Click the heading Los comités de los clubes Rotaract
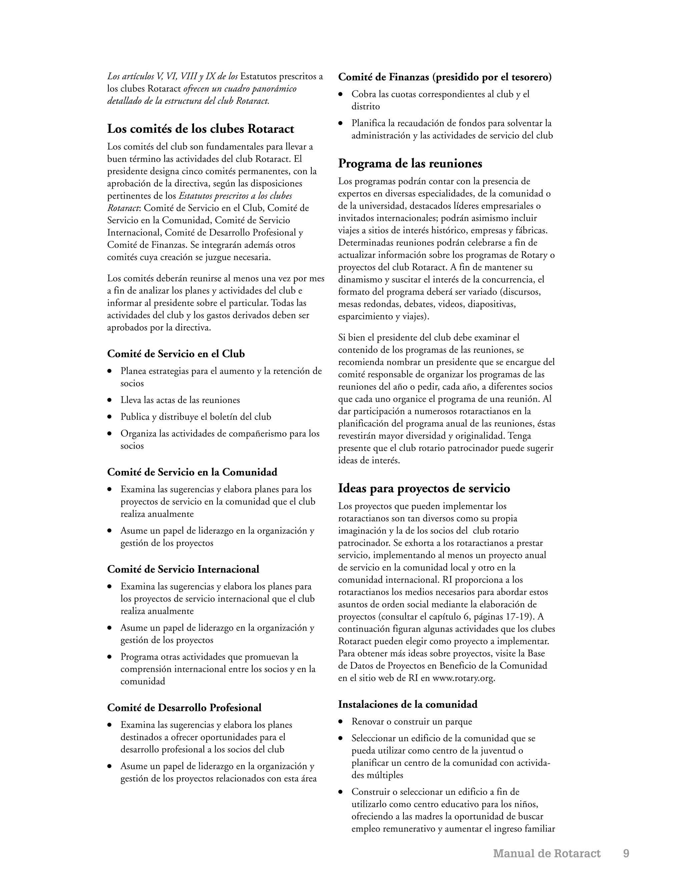tap(200, 129)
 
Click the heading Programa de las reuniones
tap(410, 163)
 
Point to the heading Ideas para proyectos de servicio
tap(424, 488)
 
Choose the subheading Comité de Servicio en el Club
tap(176, 354)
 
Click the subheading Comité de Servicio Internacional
tap(183, 569)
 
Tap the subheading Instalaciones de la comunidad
tap(408, 704)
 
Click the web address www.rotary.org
tap(463, 679)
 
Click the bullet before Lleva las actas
tap(109, 400)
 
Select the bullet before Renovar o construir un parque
tap(341, 722)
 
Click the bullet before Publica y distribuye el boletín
tap(109, 417)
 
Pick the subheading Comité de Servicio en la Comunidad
tap(192, 472)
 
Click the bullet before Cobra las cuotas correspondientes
tap(341, 94)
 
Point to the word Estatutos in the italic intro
tap(258, 76)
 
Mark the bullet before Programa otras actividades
tap(109, 657)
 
